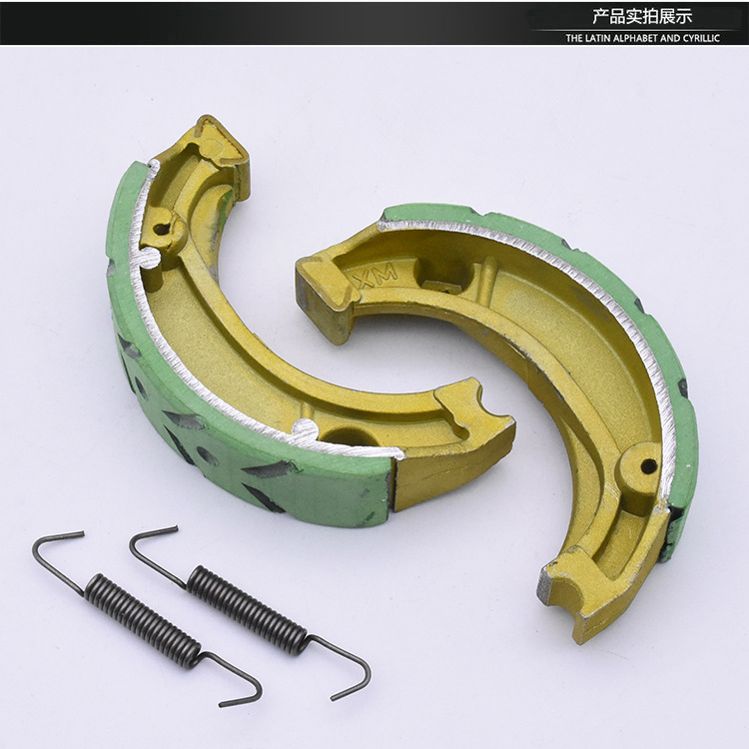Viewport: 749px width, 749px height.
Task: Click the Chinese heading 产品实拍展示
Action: coord(642,17)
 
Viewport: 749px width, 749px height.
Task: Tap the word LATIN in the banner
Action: coord(599,38)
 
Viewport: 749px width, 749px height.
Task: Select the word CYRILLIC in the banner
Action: coord(701,38)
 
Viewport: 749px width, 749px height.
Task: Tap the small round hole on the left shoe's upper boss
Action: coord(161,230)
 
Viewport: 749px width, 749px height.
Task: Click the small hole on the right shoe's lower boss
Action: coord(647,465)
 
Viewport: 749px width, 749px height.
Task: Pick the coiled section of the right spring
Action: coord(247,609)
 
